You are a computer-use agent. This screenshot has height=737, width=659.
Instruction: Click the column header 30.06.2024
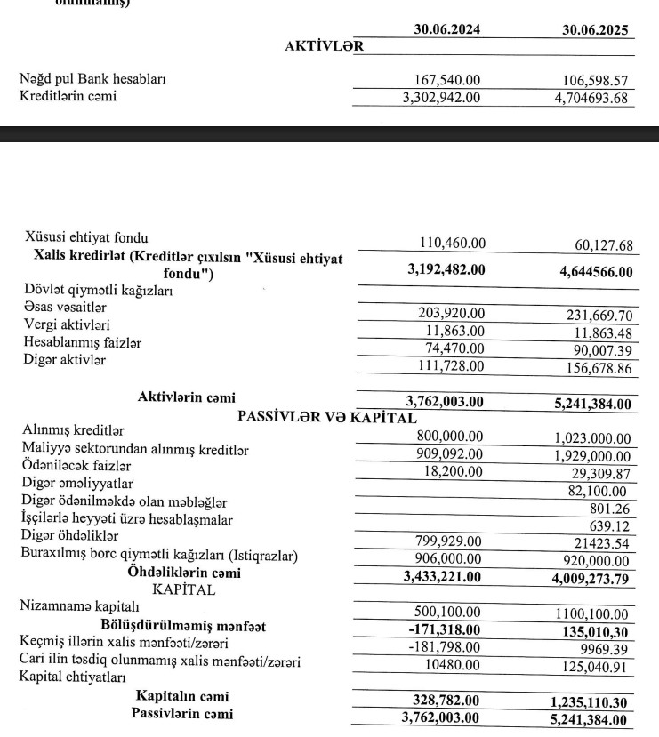pyautogui.click(x=448, y=30)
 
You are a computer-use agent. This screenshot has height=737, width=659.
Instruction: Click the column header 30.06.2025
pyautogui.click(x=595, y=30)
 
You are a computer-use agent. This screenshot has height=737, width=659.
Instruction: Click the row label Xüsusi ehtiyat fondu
pyautogui.click(x=86, y=238)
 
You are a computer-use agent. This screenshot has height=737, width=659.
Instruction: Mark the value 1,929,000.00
pyautogui.click(x=589, y=454)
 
